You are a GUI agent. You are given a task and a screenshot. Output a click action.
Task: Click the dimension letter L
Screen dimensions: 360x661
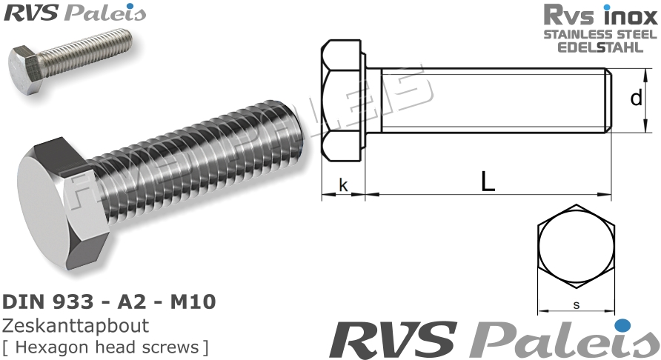tap(487, 181)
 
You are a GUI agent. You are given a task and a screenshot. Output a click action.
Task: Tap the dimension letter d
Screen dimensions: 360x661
tap(636, 98)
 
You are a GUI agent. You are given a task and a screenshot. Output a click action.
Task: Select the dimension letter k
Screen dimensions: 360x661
tap(342, 184)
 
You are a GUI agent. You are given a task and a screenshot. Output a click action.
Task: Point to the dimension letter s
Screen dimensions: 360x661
tap(576, 304)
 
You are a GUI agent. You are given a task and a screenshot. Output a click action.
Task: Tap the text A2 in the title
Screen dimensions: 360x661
tap(126, 302)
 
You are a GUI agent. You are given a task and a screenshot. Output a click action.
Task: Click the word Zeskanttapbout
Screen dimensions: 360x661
tap(76, 326)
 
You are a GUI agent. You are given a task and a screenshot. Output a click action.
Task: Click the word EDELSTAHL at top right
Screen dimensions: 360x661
tap(600, 47)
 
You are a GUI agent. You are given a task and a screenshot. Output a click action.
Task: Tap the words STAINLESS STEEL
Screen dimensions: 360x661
tap(600, 35)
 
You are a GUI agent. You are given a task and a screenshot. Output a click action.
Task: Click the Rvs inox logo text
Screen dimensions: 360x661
tap(600, 15)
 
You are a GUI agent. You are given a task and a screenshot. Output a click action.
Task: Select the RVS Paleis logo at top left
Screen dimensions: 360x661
tap(75, 13)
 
